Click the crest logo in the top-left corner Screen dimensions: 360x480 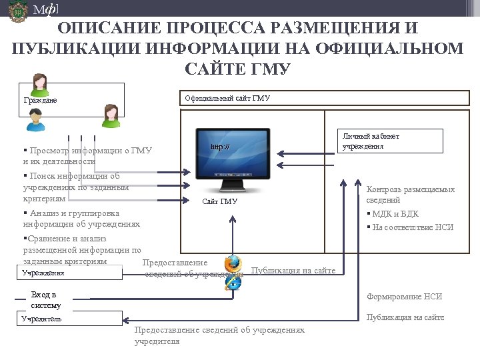click(x=18, y=11)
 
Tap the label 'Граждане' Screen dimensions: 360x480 click(x=40, y=101)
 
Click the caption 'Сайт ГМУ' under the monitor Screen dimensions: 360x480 click(x=219, y=201)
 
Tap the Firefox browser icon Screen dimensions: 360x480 click(x=233, y=264)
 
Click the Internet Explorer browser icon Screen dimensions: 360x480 click(x=233, y=282)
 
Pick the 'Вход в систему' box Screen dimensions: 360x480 click(x=45, y=300)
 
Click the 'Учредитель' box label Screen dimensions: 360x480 click(x=41, y=319)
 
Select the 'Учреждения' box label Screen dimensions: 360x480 click(x=43, y=273)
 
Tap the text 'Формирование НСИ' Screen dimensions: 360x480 click(x=404, y=297)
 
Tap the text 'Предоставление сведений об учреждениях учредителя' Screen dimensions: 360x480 click(x=219, y=335)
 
